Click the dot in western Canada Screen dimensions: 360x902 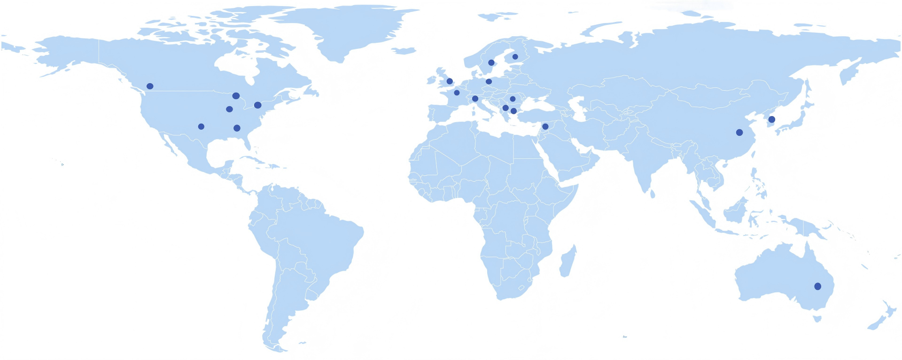[150, 86]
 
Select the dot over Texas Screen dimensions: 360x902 [201, 126]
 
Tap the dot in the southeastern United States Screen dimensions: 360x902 [237, 128]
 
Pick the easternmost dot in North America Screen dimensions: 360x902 [257, 105]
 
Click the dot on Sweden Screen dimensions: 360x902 [491, 63]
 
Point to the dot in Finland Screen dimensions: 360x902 [515, 57]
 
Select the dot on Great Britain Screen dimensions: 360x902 [450, 81]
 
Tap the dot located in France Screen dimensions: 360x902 [457, 93]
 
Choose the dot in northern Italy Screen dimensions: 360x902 [475, 99]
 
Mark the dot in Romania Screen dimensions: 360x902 [513, 99]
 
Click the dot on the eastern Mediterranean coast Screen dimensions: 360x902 [545, 126]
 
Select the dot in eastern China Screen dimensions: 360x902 [739, 133]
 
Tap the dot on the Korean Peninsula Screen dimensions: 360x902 [771, 119]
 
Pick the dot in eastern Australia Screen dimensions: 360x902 [817, 286]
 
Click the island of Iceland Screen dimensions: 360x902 [404, 50]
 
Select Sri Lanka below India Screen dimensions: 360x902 [652, 193]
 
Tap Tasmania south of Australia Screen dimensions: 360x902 [817, 319]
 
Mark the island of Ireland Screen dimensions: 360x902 [432, 80]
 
